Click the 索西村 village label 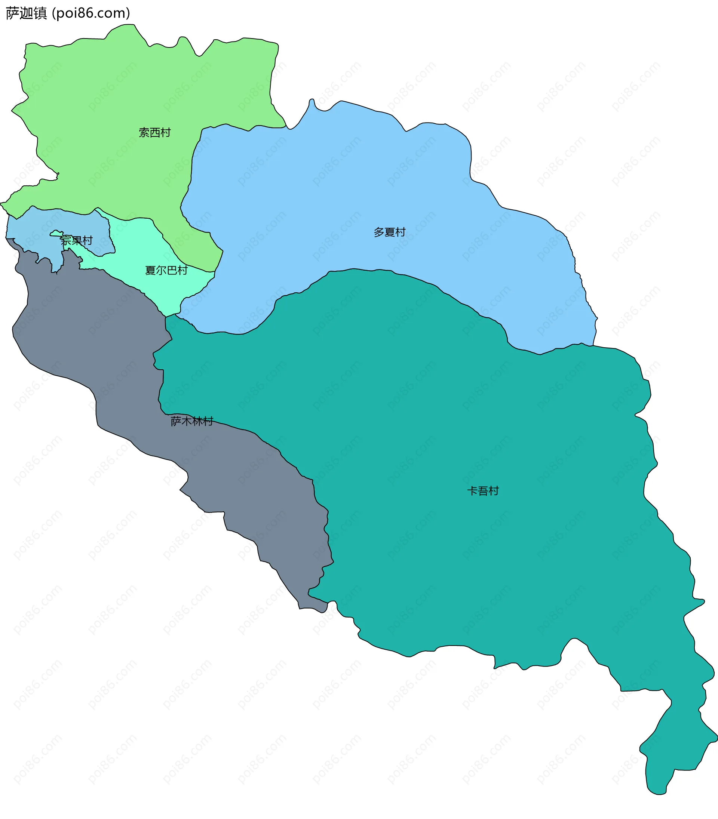155,133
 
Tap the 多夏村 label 389,232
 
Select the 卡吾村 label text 483,491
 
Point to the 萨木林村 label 192,421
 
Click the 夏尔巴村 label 166,271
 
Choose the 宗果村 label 77,241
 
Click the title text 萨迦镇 27,13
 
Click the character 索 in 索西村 144,133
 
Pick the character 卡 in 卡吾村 472,491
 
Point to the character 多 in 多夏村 379,232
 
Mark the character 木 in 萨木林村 187,421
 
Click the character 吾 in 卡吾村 483,491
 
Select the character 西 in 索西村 155,133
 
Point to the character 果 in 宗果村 77,241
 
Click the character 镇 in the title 40,13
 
